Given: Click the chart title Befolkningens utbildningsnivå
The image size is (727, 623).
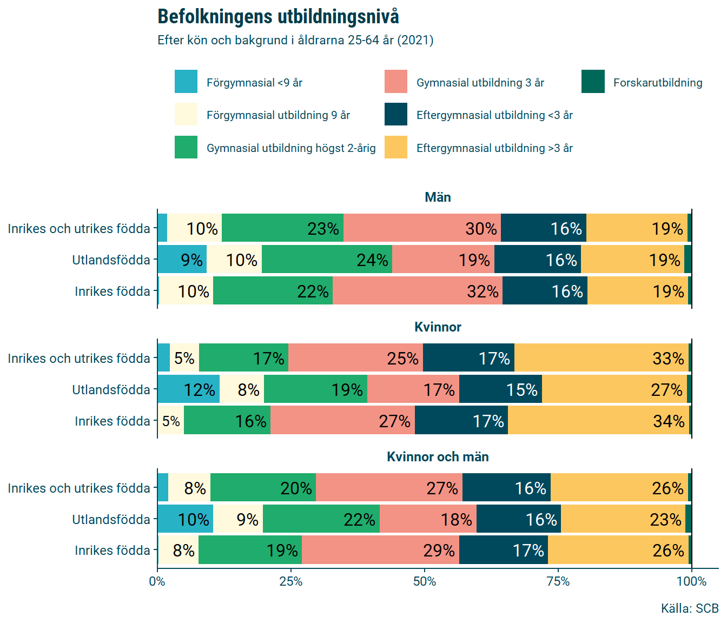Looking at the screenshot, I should point(278,17).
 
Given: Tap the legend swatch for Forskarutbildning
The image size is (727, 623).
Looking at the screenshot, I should point(593,82).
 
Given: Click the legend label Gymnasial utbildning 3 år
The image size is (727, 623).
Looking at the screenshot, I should point(480,83).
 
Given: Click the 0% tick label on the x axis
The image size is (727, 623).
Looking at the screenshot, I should point(157,581).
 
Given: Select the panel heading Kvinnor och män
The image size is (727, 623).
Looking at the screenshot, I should point(438,457).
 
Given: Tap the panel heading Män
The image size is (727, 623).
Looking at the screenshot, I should point(438,197).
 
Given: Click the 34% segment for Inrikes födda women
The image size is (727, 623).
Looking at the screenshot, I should point(598,421).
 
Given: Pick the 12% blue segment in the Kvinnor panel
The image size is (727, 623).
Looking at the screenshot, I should point(188,389).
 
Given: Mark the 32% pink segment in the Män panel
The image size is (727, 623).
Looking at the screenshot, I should point(417,291).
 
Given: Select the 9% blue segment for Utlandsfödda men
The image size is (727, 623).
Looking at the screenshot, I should point(182,260).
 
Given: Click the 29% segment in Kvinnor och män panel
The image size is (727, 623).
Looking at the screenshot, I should point(380,550).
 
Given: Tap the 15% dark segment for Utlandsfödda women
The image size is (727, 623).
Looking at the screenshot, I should point(500,389).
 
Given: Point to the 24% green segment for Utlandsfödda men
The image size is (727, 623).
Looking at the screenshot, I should point(327,260).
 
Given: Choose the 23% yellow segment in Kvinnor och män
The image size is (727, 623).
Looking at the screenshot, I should point(623,519).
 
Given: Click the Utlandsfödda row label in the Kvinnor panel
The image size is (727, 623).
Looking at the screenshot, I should point(111,390).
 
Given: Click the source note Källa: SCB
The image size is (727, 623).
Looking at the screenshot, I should point(689,608).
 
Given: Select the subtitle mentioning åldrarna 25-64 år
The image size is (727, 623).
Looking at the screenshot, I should point(295,41).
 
